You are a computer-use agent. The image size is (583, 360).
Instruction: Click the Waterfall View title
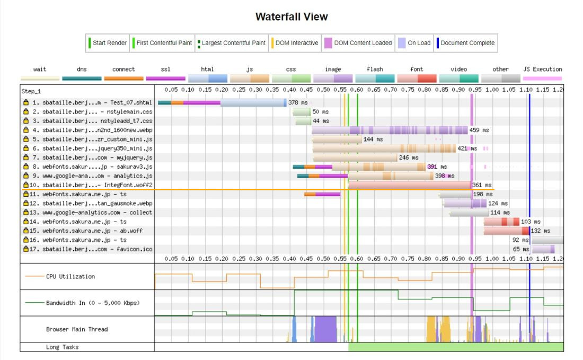click(291, 16)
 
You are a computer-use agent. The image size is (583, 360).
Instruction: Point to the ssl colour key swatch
click(165, 78)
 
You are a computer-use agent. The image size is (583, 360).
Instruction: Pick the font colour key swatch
click(417, 78)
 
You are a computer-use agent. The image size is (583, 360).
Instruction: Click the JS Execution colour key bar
click(542, 78)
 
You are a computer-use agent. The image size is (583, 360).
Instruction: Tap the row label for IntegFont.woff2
click(91, 185)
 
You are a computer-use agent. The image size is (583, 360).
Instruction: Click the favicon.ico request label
click(91, 249)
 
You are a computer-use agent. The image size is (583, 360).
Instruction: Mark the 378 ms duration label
click(297, 102)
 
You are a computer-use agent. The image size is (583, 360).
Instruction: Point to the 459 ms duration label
click(479, 130)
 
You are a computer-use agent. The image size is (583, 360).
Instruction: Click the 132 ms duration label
click(540, 231)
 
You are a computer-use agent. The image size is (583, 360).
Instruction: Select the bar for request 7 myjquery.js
click(355, 157)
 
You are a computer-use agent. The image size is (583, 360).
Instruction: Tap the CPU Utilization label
click(70, 276)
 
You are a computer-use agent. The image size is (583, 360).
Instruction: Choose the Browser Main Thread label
click(76, 329)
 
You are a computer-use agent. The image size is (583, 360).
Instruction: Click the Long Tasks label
click(62, 347)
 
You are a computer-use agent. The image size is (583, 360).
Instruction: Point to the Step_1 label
click(31, 91)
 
